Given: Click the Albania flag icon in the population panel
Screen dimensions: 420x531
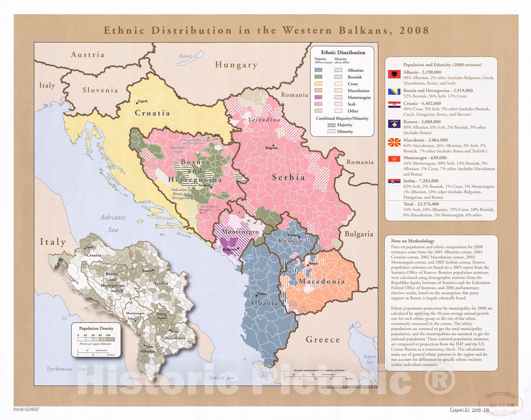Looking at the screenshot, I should (x=394, y=74).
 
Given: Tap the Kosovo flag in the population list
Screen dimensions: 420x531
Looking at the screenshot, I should (x=394, y=124).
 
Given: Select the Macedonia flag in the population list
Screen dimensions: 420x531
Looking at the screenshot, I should (x=394, y=142).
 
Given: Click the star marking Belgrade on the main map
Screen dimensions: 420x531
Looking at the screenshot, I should (x=273, y=145).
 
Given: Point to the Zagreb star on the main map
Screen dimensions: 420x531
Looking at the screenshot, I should (x=137, y=103).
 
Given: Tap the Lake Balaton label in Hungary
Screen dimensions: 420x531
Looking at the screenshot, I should (x=185, y=56).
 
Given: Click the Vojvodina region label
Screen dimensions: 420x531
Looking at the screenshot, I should (x=264, y=120).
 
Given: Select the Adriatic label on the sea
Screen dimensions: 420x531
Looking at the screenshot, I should (x=113, y=217).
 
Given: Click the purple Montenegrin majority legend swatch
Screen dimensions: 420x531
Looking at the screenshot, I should (x=318, y=97).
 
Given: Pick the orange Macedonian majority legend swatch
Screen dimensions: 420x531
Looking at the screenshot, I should (x=318, y=91).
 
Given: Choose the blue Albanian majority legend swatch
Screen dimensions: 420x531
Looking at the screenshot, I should (x=318, y=70).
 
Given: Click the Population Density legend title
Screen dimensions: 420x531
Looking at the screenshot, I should (x=96, y=328).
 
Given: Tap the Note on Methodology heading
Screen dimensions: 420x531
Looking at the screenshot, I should (x=412, y=241).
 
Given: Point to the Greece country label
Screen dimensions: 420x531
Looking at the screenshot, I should (x=323, y=340).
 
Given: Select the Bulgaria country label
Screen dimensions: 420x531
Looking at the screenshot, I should (x=359, y=234).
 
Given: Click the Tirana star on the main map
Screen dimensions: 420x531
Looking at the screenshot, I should (x=257, y=295).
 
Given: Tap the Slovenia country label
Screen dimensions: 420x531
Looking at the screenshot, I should (x=100, y=90).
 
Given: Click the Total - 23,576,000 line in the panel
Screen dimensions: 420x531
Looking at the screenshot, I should (x=421, y=204).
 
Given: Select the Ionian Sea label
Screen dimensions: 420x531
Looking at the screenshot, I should (x=221, y=377).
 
